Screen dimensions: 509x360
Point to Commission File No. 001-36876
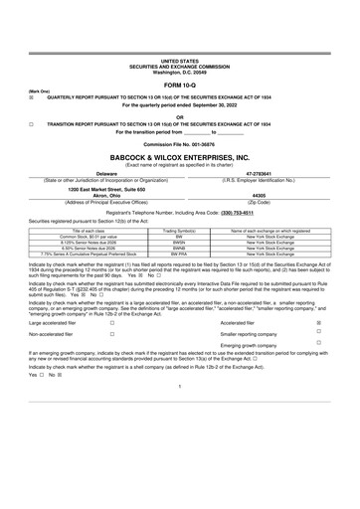179,145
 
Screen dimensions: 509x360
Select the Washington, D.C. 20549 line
179,45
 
